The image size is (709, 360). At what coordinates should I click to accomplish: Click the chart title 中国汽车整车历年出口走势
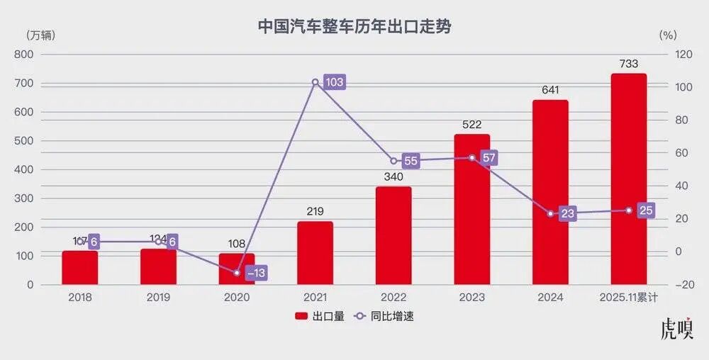click(x=354, y=27)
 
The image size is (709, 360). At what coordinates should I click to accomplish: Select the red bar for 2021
click(x=315, y=253)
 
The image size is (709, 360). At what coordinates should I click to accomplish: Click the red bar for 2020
click(x=237, y=269)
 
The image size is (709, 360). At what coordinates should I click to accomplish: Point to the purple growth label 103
click(x=334, y=82)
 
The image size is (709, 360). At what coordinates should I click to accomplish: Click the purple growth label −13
click(x=256, y=273)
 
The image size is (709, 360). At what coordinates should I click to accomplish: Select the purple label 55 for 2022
click(x=411, y=161)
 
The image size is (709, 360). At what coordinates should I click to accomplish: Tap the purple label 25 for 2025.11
click(x=645, y=210)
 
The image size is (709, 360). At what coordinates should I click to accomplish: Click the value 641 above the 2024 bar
click(x=550, y=90)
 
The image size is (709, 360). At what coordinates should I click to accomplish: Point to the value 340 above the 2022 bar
click(x=393, y=176)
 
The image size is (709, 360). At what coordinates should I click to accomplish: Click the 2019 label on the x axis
click(x=158, y=298)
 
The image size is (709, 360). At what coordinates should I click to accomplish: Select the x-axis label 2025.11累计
click(x=628, y=298)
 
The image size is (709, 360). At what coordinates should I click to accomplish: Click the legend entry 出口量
click(x=320, y=317)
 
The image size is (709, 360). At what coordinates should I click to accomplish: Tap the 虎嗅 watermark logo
click(x=676, y=330)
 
